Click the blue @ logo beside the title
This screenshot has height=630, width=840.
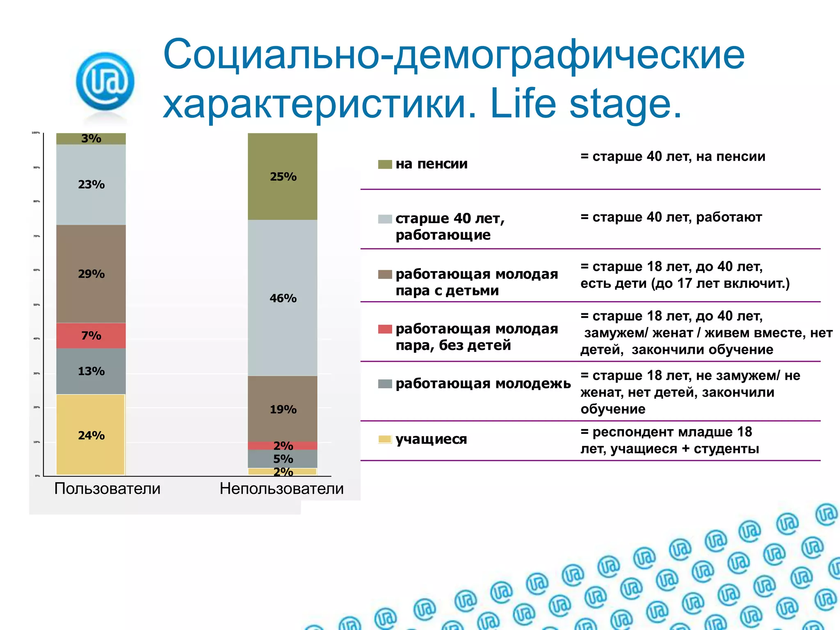coord(105,81)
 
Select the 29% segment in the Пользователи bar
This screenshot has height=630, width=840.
coord(91,274)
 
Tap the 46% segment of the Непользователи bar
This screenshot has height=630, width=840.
coord(283,298)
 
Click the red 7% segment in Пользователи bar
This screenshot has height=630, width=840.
coord(91,336)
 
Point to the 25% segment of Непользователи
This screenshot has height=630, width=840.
coord(283,176)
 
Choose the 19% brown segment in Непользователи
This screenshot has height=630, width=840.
coord(283,409)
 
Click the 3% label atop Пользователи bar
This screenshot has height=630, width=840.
coord(91,139)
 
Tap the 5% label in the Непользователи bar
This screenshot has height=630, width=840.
coord(283,459)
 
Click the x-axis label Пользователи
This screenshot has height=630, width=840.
coord(107,488)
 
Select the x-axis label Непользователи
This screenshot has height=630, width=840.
coord(281,488)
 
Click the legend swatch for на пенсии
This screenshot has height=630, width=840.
coord(385,164)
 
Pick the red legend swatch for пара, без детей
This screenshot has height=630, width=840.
coord(385,329)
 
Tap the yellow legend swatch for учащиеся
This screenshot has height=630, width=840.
coord(385,439)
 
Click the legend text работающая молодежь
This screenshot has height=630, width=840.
coord(483,383)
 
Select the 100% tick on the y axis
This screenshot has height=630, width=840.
coord(36,133)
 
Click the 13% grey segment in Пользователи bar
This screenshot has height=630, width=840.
coord(91,371)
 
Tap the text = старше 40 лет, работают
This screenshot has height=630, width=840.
coord(671,217)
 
